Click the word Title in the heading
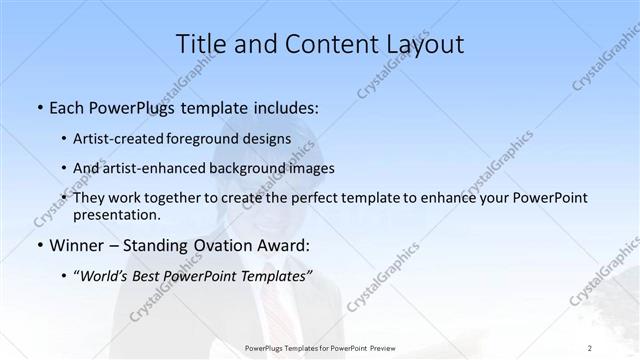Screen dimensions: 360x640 201,44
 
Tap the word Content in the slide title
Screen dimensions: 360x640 316,44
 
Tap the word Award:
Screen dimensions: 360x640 285,245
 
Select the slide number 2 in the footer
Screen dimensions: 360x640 590,348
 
